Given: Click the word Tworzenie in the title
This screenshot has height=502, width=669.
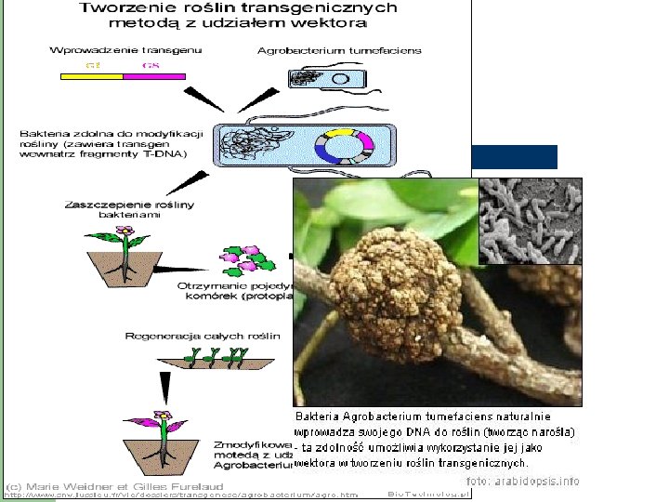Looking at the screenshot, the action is click(x=122, y=7).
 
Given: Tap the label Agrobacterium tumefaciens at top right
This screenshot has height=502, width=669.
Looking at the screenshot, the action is click(x=338, y=50).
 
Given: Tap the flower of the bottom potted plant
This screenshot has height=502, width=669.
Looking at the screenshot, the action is click(x=163, y=417).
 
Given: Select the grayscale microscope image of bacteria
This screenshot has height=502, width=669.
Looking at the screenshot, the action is click(x=530, y=220).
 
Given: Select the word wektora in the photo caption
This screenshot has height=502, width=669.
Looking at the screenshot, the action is click(x=319, y=462).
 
